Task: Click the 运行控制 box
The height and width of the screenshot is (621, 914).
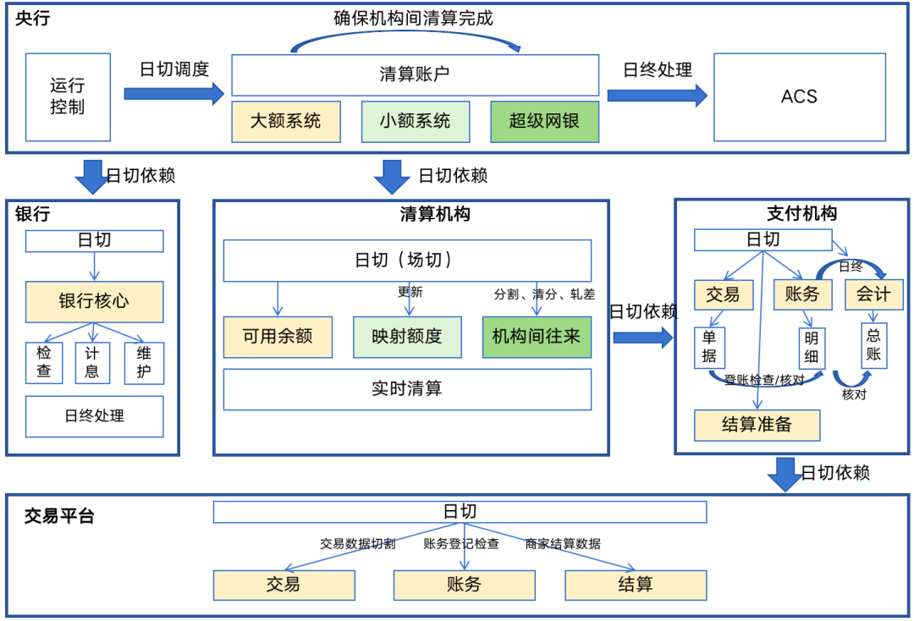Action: click(68, 96)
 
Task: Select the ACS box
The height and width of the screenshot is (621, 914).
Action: click(799, 96)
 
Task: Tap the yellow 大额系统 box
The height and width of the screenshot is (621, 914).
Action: click(286, 121)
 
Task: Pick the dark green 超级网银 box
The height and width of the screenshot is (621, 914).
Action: click(544, 121)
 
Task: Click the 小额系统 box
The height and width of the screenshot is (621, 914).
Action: click(415, 121)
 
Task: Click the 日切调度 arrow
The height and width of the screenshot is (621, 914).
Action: click(174, 92)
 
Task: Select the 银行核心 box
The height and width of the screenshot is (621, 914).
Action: click(94, 301)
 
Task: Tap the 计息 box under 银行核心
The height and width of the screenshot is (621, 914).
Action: click(93, 362)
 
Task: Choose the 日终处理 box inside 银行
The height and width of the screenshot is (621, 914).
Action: click(94, 416)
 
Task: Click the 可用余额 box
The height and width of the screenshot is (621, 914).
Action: click(278, 337)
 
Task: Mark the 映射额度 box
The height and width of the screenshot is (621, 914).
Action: click(407, 337)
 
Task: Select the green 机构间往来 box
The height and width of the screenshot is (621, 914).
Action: click(537, 337)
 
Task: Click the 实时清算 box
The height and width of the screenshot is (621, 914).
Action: click(407, 389)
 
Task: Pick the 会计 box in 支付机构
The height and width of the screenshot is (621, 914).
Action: click(873, 294)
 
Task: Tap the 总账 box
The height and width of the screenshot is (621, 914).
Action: click(873, 345)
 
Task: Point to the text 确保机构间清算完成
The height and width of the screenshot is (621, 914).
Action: click(413, 18)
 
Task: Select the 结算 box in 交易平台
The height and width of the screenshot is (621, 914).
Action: click(636, 585)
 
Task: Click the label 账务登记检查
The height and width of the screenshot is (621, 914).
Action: click(461, 544)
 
